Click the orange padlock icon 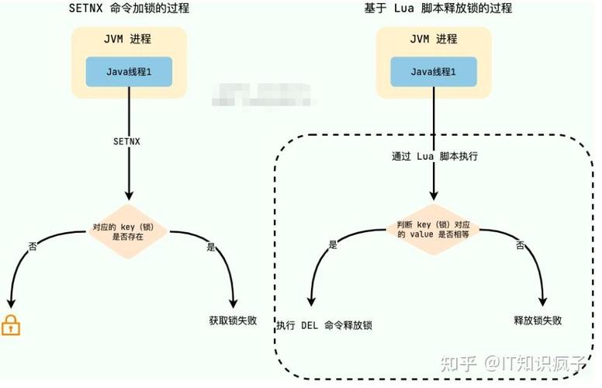click(x=11, y=325)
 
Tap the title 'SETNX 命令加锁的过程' click(x=129, y=9)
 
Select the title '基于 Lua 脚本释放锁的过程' click(x=438, y=9)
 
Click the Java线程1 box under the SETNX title click(x=129, y=71)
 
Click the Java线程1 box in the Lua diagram click(x=434, y=71)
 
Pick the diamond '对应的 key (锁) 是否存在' click(x=128, y=233)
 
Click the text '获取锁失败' click(x=234, y=320)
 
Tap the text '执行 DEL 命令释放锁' click(x=323, y=324)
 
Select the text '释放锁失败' click(x=538, y=320)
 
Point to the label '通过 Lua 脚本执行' click(x=434, y=156)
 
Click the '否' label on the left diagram click(x=33, y=246)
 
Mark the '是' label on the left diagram click(x=211, y=246)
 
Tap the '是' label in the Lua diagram click(x=334, y=244)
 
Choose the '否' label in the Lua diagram click(x=521, y=245)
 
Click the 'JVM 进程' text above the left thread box click(x=129, y=40)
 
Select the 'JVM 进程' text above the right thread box click(x=434, y=40)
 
